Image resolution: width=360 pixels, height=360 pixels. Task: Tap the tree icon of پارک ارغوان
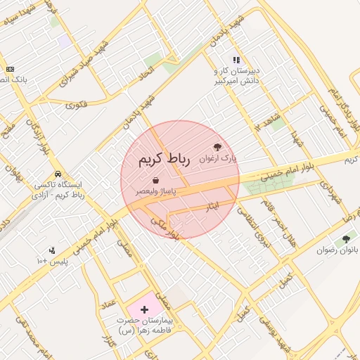217,148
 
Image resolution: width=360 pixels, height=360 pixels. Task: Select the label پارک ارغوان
218,159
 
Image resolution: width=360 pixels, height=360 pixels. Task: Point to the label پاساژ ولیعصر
156,191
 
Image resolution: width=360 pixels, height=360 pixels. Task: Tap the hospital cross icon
145,309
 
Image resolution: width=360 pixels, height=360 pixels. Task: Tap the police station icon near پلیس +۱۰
51,250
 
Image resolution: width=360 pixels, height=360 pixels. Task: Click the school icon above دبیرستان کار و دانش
236,60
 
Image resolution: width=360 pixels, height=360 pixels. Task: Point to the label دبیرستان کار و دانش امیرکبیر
237,76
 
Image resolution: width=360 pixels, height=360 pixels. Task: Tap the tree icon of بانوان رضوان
346,239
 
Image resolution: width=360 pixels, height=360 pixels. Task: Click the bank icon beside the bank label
10,69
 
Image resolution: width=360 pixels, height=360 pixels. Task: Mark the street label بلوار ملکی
165,228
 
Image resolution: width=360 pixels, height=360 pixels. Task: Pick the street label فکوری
76,105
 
